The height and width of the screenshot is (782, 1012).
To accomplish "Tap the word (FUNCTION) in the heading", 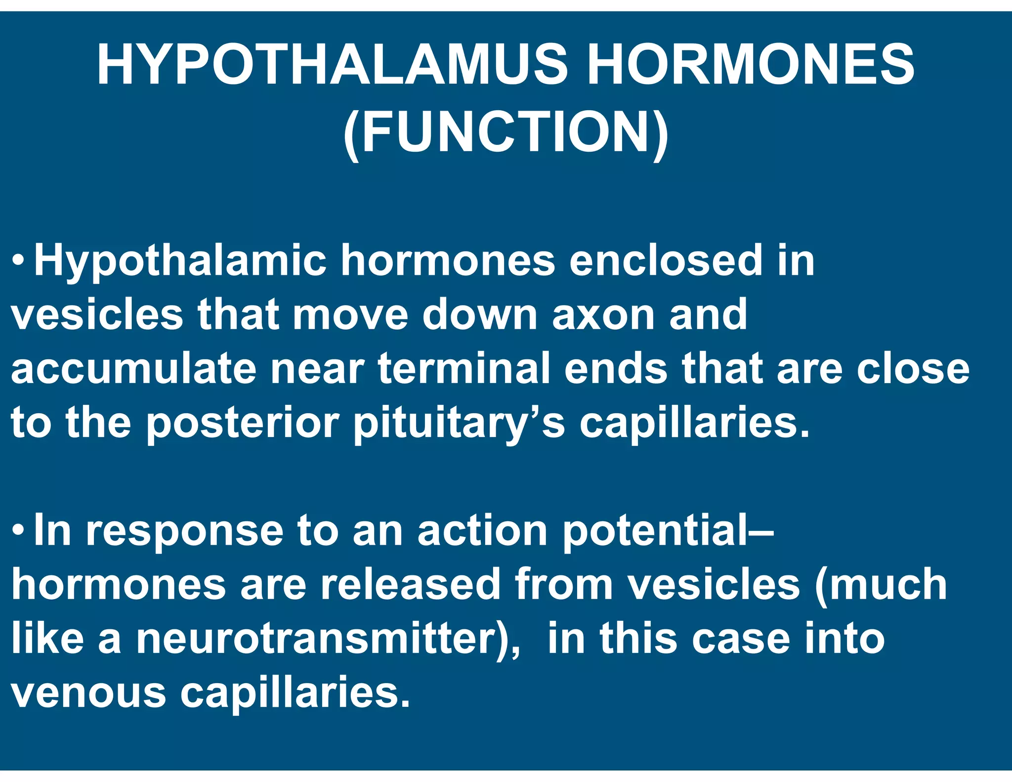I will pos(506,132).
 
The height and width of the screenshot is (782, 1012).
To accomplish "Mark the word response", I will pos(185,532).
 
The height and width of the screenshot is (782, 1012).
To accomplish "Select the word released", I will pos(410,584).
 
